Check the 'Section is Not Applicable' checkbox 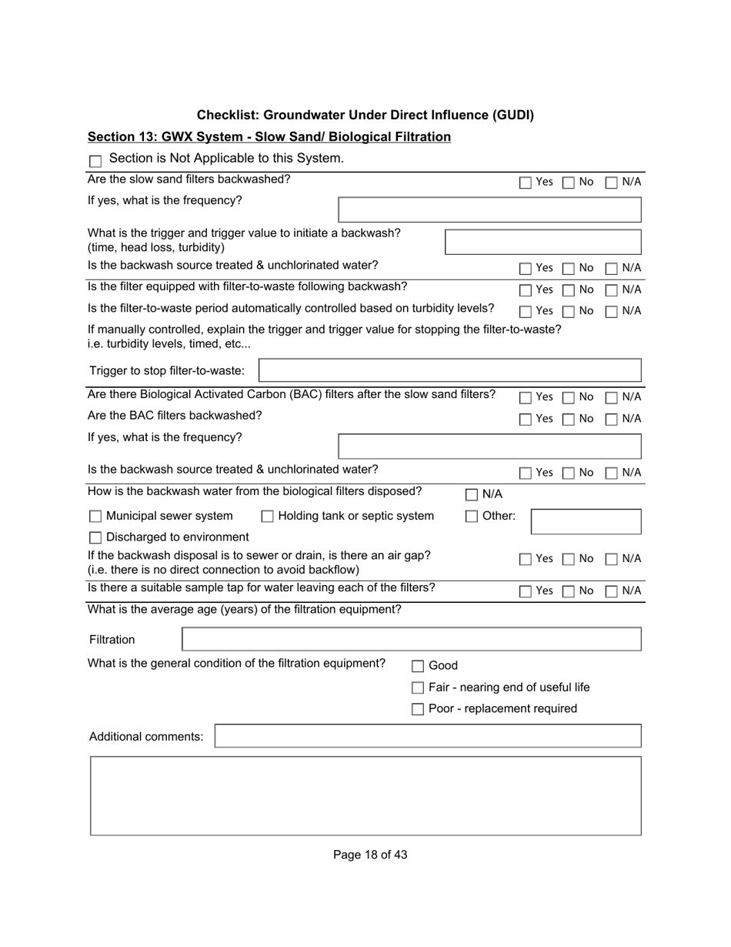coord(95,162)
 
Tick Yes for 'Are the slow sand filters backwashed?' coord(526,183)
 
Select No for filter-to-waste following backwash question coord(569,290)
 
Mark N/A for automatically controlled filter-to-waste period coord(612,312)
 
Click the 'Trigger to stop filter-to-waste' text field coord(449,370)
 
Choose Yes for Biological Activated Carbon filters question coord(526,398)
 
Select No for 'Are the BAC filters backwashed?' coord(569,420)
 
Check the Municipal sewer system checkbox coord(95,517)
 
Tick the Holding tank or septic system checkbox coord(267,517)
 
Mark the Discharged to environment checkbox coord(95,537)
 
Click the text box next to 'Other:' coord(586,521)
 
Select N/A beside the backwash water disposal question coord(472,495)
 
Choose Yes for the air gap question coord(526,559)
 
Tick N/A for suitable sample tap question coord(612,591)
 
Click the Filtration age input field coord(411,640)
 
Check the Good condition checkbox coord(418,667)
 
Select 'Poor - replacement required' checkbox coord(418,709)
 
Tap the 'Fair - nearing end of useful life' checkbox coord(418,688)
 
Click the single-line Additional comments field coord(427,736)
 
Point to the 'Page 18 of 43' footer coord(370,855)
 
